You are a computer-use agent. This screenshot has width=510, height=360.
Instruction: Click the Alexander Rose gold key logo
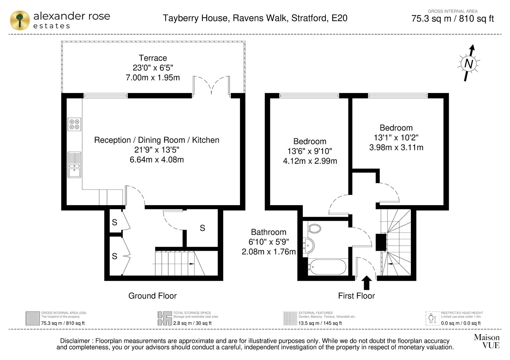pos(20,20)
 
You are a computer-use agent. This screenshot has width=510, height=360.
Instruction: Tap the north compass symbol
pos(469,63)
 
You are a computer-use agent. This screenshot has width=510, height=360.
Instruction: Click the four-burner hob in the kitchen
pos(74,124)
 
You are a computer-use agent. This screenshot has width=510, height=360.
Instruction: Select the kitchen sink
pos(74,164)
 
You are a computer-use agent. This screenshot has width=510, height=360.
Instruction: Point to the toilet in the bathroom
pos(314,228)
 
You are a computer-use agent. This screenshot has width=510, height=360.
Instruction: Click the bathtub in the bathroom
pos(327,267)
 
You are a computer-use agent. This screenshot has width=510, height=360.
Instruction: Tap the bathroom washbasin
pos(309,246)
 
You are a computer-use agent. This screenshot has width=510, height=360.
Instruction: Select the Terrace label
pos(153,58)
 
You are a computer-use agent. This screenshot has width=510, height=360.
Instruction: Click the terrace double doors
pos(212,85)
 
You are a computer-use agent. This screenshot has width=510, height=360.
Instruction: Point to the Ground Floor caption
pos(152,296)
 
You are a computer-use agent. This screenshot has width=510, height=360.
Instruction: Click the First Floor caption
pos(356,296)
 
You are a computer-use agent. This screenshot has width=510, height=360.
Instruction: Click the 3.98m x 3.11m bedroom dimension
pos(396,148)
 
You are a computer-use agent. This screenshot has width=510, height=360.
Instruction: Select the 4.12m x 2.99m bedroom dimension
pos(310,161)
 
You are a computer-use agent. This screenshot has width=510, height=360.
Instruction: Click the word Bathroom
pos(268,232)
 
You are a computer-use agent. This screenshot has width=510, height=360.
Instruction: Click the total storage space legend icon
pos(165,318)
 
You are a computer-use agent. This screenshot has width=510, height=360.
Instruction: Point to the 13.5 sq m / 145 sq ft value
pos(320,323)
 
